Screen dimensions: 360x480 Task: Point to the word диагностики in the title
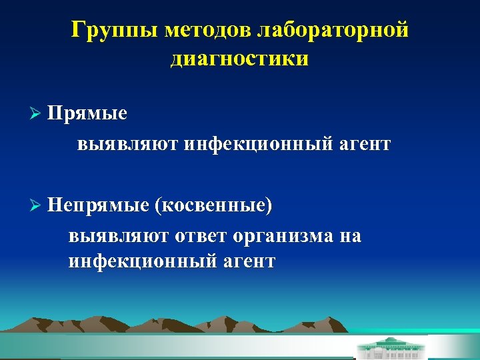pos(239,59)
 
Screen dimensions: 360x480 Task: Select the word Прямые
pos(87,113)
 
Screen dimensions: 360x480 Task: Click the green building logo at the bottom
pos(390,348)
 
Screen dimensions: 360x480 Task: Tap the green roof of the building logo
pos(390,342)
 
